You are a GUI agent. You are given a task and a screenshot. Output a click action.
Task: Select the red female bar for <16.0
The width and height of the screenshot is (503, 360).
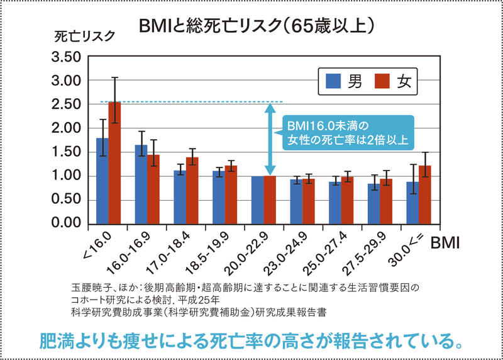tap(114, 164)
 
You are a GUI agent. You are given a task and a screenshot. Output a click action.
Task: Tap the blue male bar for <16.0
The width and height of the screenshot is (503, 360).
tap(102, 181)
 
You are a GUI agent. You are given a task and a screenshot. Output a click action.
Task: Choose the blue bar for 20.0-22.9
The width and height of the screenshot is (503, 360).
tap(257, 200)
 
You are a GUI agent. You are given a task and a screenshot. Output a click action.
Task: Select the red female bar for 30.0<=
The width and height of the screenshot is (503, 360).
tap(424, 194)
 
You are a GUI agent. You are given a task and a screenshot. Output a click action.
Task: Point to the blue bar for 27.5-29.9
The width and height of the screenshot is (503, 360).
tap(373, 203)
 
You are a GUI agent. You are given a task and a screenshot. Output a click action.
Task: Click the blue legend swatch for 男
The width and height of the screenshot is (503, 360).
tap(334, 81)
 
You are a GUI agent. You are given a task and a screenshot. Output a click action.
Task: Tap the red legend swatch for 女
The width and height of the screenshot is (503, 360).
tap(382, 81)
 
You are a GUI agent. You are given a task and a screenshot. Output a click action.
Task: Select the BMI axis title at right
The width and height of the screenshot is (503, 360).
tap(445, 242)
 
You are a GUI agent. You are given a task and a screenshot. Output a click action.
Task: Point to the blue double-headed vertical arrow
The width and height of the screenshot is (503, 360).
tap(269, 139)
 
